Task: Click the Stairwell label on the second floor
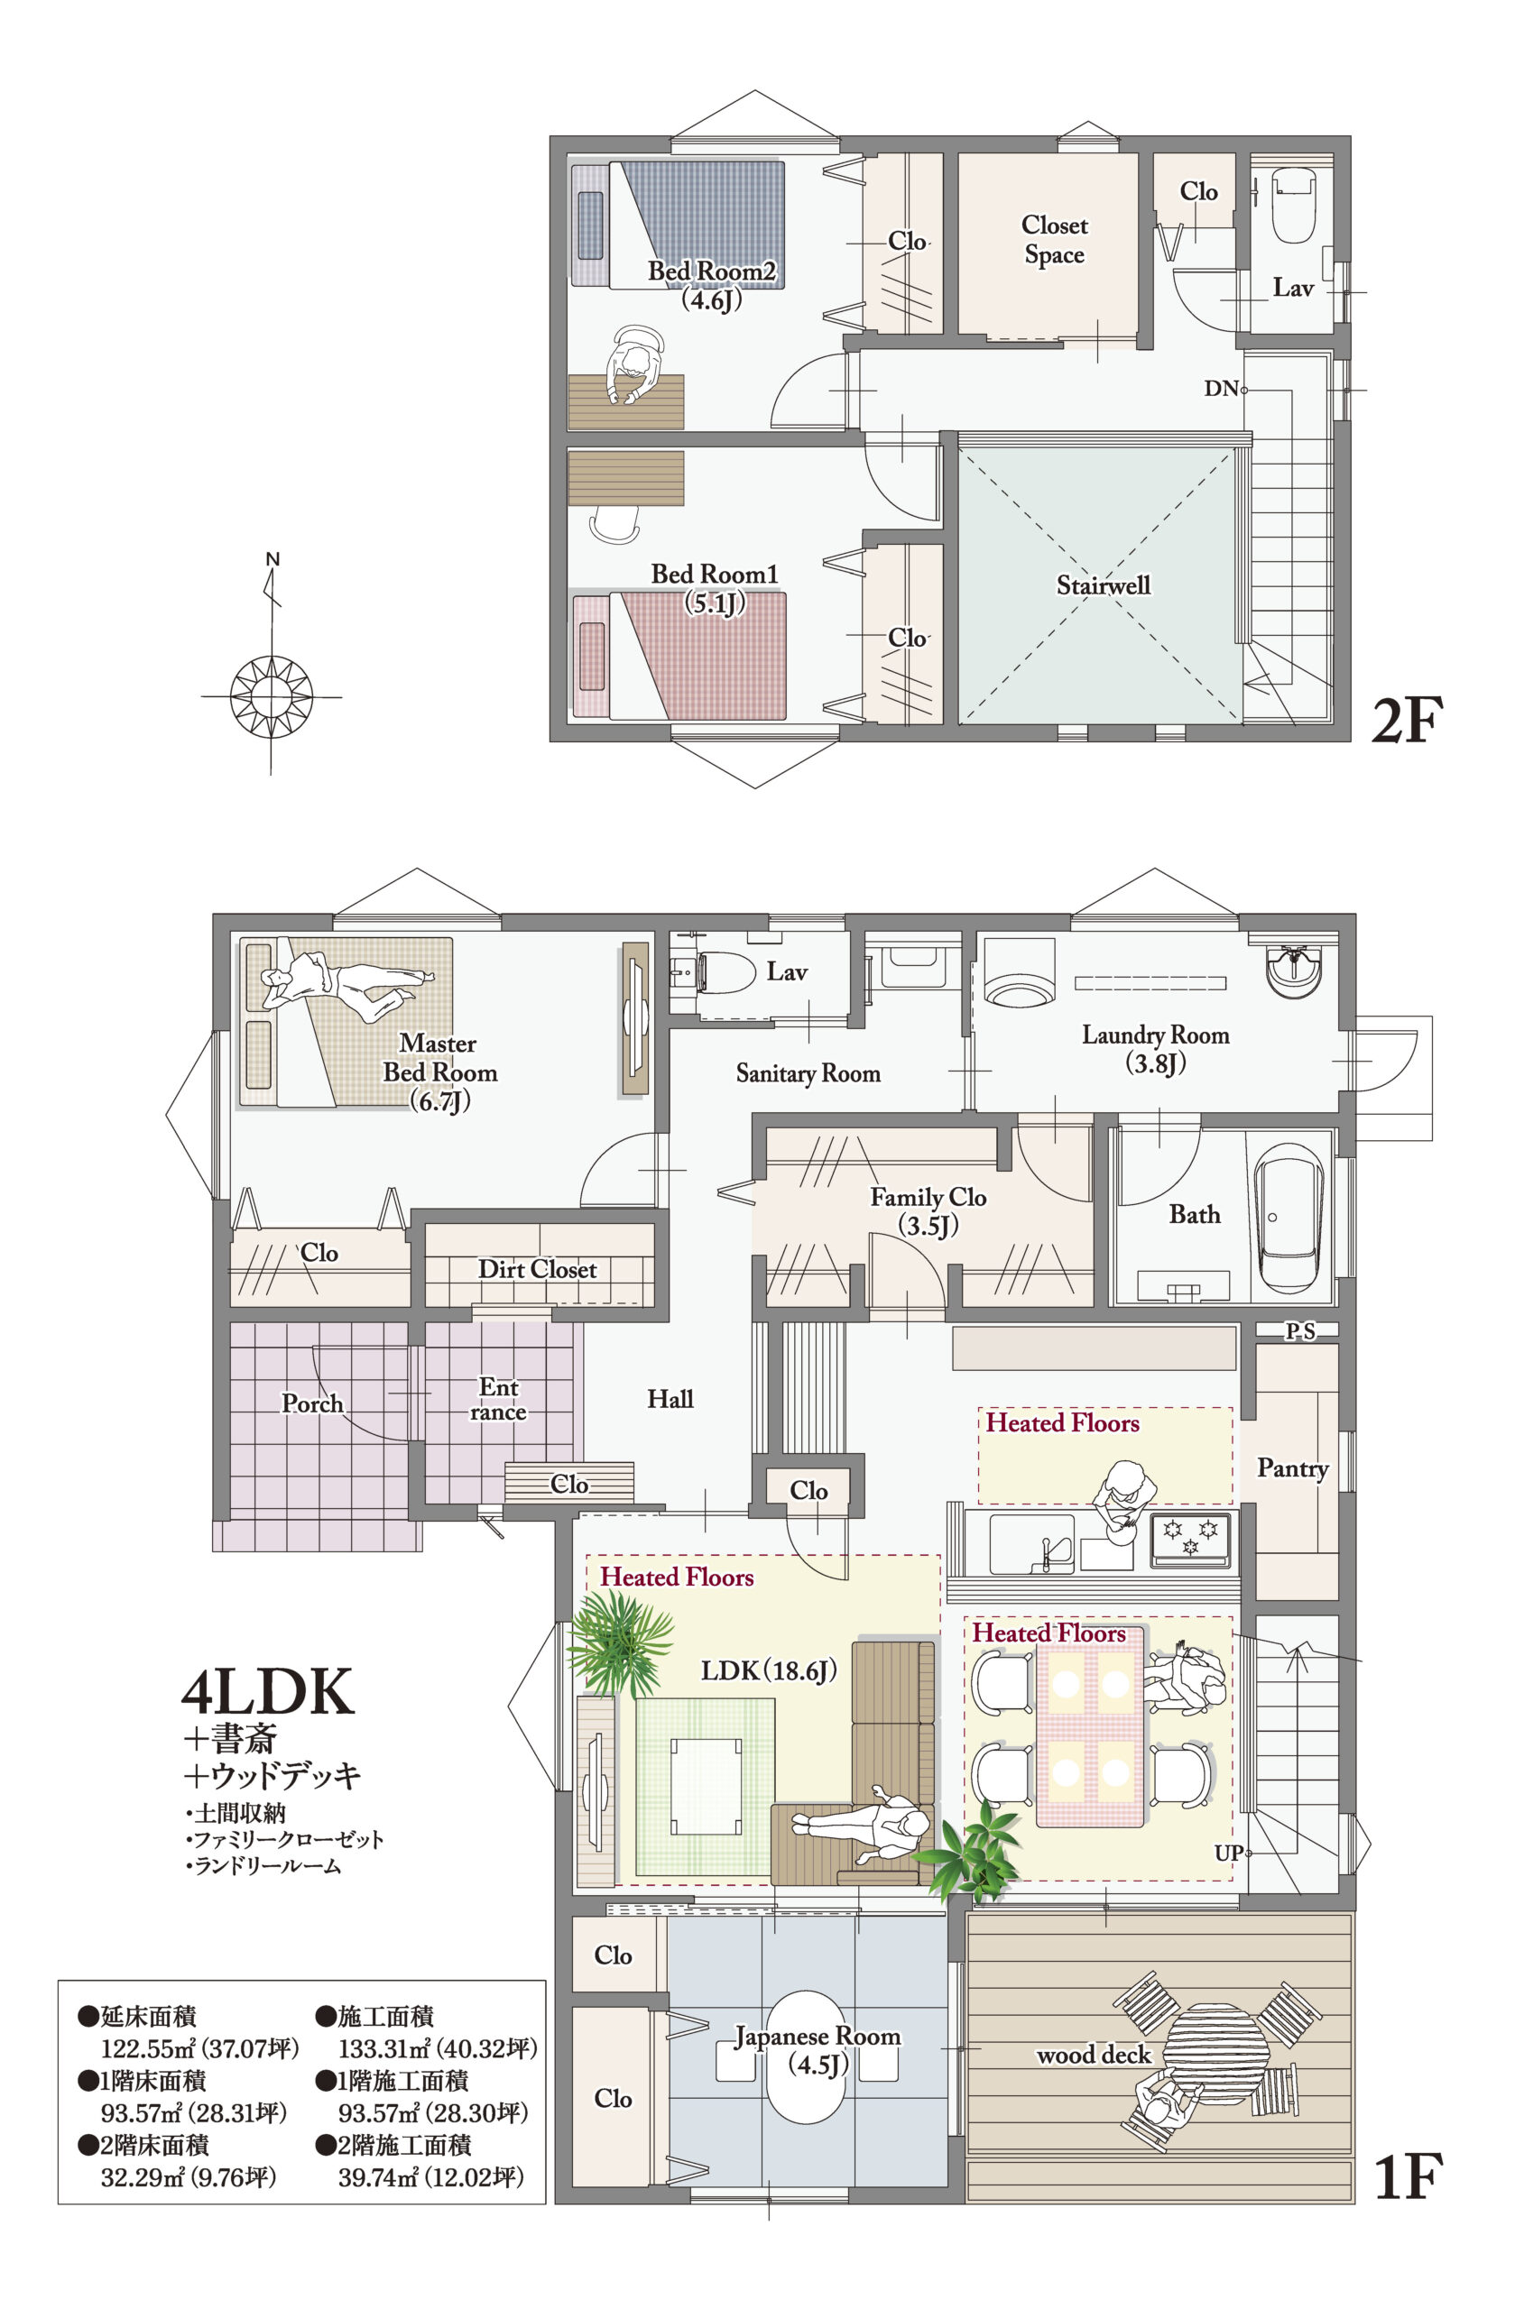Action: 1104,585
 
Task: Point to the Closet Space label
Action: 1055,240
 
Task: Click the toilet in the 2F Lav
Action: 1292,207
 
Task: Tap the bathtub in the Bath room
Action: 1289,1218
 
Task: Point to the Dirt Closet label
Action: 537,1269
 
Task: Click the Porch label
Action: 311,1403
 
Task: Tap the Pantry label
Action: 1293,1467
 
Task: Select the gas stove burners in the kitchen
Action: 1190,1540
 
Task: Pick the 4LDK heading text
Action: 268,1692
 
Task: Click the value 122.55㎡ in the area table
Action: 138,2048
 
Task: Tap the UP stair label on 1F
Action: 1228,1852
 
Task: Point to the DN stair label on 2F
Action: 1221,389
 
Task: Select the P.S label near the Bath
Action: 1300,1331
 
